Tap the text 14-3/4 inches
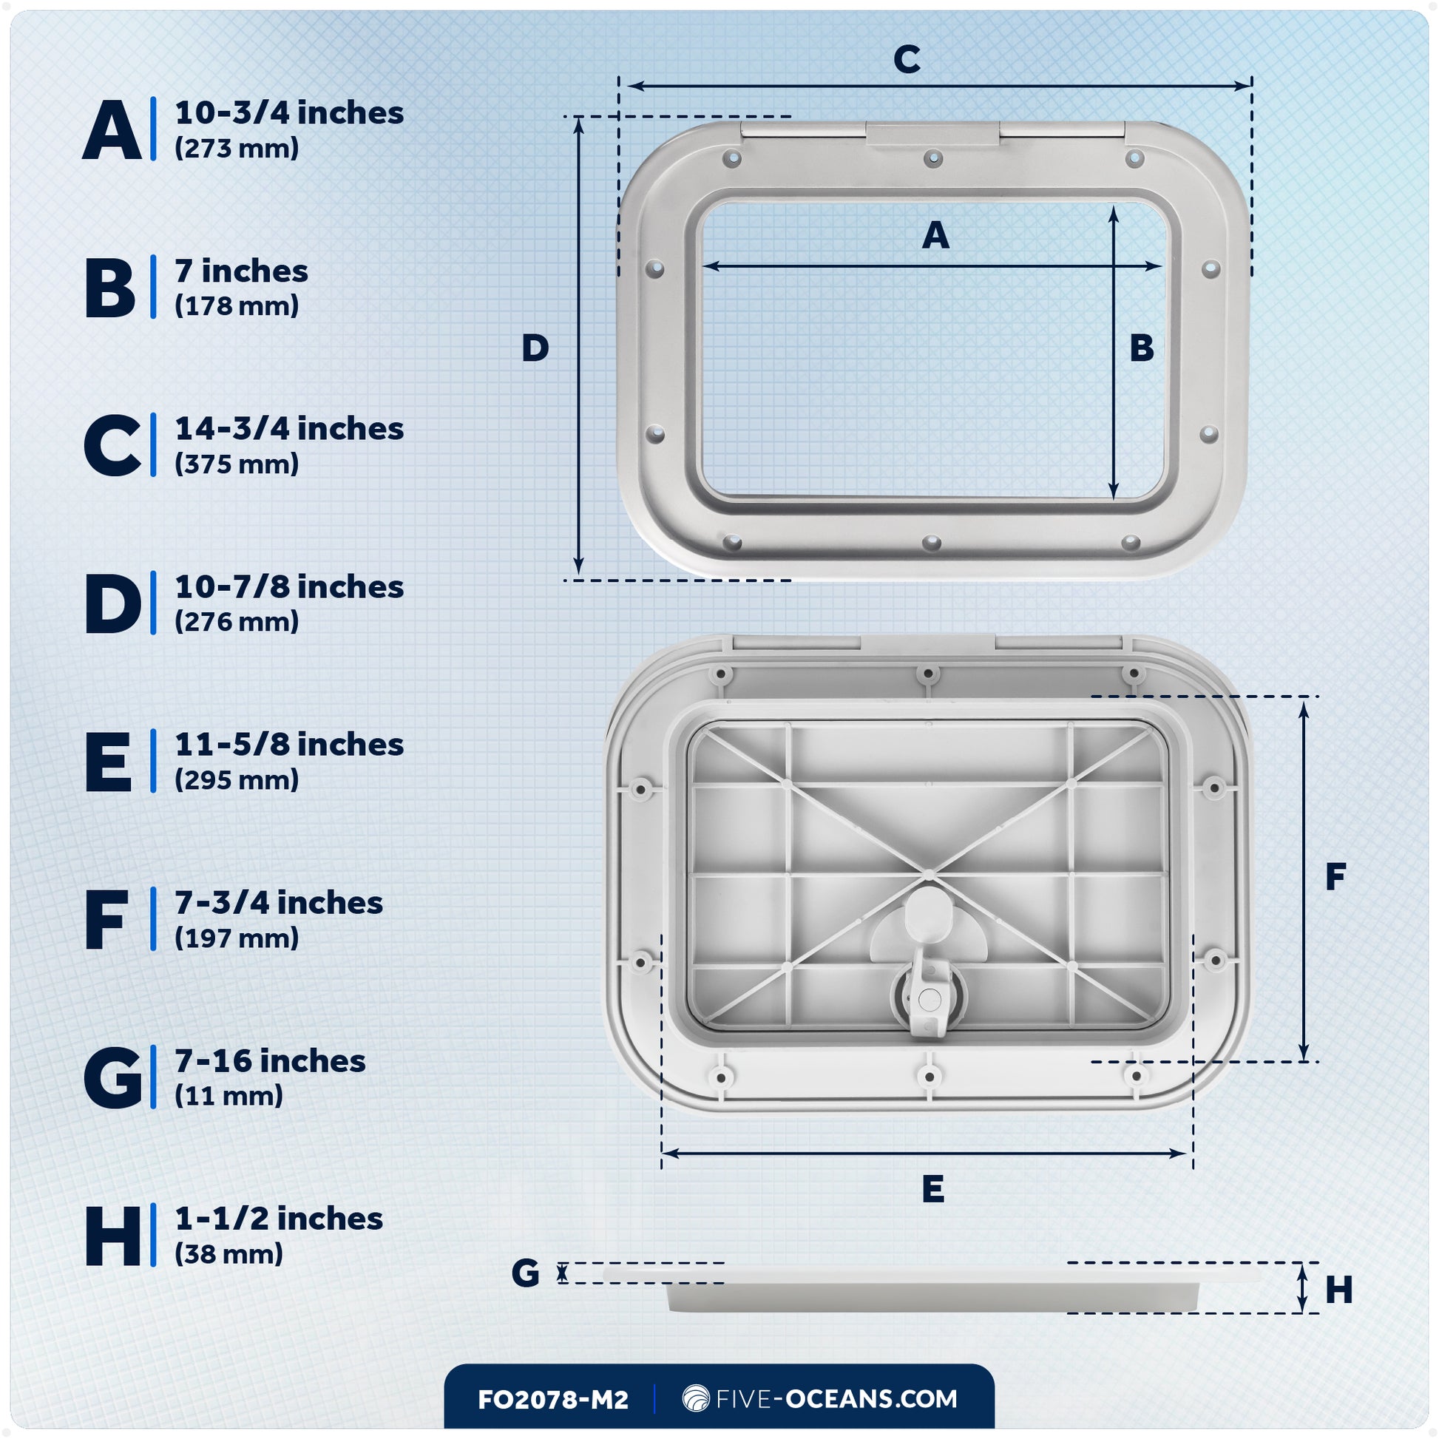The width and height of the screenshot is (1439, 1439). (289, 429)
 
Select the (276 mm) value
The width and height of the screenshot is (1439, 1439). (236, 622)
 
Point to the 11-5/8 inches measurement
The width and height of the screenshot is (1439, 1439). (289, 745)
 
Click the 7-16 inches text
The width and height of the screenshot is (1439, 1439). (270, 1061)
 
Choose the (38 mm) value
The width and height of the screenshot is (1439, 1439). (228, 1254)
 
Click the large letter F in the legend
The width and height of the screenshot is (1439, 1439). (106, 921)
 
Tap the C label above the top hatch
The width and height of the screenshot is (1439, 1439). (907, 60)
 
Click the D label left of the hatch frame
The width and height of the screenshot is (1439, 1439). (535, 348)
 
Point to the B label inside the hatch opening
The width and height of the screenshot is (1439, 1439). (1141, 348)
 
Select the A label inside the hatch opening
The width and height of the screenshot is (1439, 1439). (935, 236)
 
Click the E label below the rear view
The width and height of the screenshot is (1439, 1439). (932, 1189)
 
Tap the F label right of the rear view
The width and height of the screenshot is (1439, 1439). (1335, 877)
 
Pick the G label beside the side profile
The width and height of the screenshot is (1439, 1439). (525, 1273)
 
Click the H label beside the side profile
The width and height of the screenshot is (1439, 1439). (1338, 1290)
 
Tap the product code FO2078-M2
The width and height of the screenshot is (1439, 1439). (552, 1400)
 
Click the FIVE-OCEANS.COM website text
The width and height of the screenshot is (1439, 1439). (836, 1399)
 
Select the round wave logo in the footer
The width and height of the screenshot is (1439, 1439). (696, 1399)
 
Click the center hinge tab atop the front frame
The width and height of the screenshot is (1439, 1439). (932, 135)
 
